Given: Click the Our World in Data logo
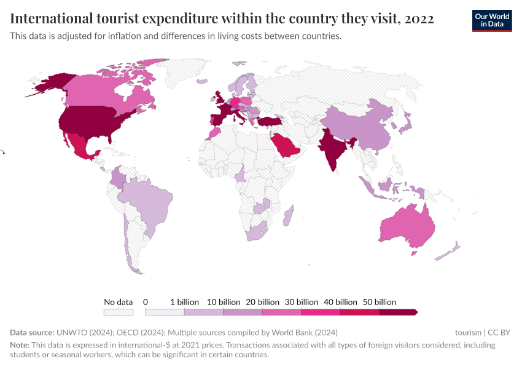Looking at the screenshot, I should click(x=491, y=20).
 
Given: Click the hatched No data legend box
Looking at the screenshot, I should click(x=119, y=312).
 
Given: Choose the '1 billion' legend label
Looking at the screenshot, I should click(x=184, y=302).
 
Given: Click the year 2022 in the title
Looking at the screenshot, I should click(x=419, y=19).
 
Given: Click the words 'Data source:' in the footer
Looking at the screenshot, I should click(x=31, y=333).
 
